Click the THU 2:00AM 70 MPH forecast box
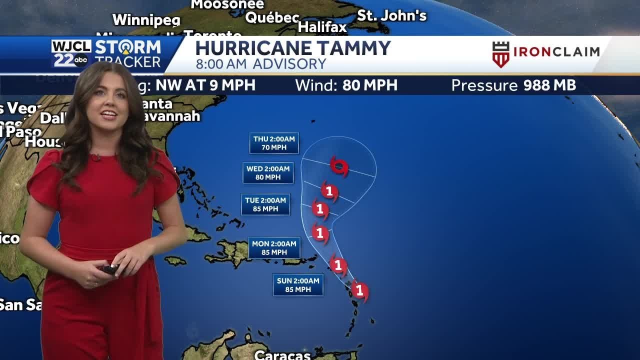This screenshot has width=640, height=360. point(274,143)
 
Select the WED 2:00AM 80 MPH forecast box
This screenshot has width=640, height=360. point(268,173)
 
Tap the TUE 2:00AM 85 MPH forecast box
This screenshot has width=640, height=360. point(265,204)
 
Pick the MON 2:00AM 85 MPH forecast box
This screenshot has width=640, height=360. point(274,248)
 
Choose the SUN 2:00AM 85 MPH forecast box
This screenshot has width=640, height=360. point(298,285)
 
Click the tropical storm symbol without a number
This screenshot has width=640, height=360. point(339,166)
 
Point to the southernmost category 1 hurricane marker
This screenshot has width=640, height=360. point(359,290)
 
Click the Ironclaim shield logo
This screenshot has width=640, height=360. point(500,54)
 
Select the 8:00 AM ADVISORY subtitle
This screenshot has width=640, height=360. point(260,64)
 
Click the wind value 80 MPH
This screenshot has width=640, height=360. point(369,85)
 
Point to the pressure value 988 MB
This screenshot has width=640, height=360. point(549,85)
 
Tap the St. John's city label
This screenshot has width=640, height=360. point(391,15)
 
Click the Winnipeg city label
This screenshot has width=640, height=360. point(146,20)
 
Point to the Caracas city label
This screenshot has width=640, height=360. point(282,354)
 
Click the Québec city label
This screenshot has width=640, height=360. point(272,17)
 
